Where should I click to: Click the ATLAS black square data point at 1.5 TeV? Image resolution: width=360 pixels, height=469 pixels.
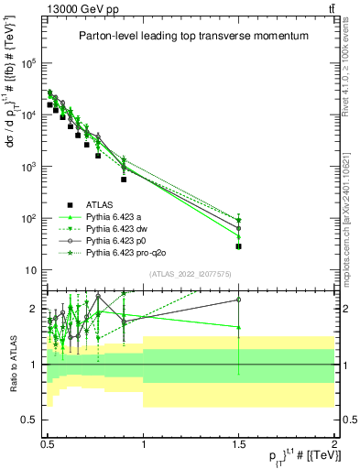point(239,246)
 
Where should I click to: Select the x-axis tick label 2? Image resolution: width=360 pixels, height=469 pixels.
point(333,442)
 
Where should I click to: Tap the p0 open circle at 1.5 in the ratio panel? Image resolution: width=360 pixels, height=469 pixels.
point(239,300)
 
